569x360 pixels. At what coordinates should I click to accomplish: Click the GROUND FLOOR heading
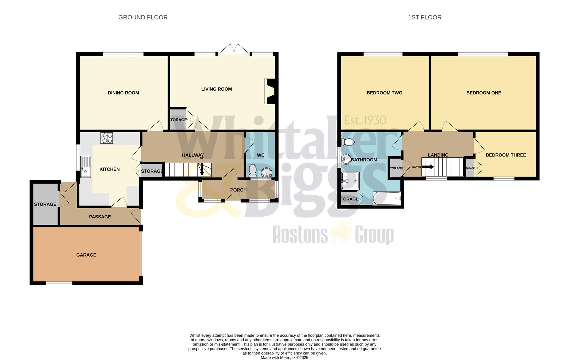point(143,17)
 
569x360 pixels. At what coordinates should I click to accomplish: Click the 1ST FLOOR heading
point(424,17)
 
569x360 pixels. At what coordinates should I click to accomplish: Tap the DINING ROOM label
point(123,93)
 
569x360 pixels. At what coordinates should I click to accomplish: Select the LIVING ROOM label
point(216,89)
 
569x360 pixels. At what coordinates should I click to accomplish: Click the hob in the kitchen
point(107,138)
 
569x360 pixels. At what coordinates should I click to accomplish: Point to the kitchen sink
point(85,167)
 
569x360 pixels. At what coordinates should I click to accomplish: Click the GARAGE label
point(86,255)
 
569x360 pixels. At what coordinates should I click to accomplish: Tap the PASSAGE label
point(100,217)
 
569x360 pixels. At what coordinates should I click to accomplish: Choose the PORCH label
point(238,190)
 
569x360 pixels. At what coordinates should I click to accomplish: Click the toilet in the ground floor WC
point(253,170)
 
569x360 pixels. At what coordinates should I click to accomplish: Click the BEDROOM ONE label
point(483,93)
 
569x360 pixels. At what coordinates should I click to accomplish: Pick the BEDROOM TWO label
point(384,93)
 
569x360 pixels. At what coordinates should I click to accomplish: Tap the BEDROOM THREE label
point(506,155)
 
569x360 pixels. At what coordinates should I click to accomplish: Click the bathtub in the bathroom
point(387,199)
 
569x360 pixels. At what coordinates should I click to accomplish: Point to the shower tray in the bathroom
point(350,181)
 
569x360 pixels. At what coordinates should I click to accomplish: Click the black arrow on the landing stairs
point(428,167)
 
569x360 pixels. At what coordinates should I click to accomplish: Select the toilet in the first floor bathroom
point(348,142)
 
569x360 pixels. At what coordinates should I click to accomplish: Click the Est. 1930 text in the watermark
point(365,120)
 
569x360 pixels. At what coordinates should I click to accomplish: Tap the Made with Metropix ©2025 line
point(284,358)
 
